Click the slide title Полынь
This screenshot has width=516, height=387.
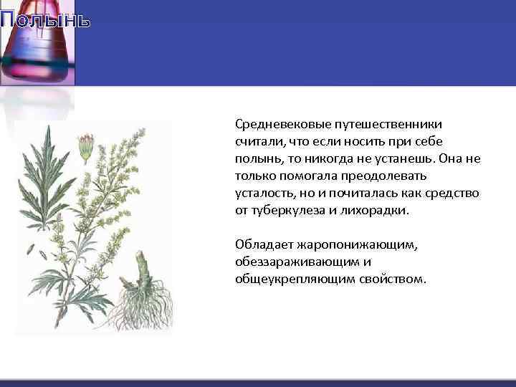(45, 19)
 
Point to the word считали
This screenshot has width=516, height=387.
(258, 142)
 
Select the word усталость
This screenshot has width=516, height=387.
(262, 193)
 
